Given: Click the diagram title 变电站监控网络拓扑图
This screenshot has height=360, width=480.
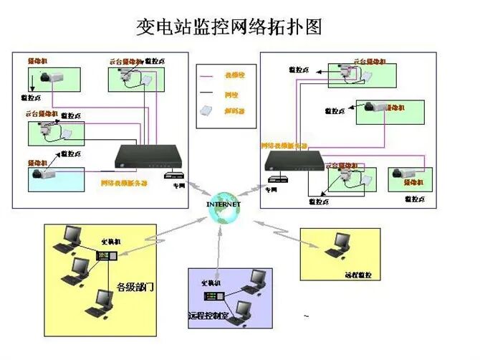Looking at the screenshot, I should pyautogui.click(x=229, y=27).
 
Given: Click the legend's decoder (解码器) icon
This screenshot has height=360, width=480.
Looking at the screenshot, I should pyautogui.click(x=206, y=111).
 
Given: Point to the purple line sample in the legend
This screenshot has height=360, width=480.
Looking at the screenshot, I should pyautogui.click(x=209, y=75).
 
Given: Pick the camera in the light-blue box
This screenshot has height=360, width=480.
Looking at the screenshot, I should pyautogui.click(x=44, y=174).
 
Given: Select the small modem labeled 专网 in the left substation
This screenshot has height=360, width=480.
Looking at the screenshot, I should pyautogui.click(x=174, y=175).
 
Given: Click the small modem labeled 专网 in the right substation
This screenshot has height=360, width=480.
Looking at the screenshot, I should pyautogui.click(x=274, y=179).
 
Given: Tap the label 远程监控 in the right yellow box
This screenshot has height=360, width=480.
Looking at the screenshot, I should pyautogui.click(x=357, y=275).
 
